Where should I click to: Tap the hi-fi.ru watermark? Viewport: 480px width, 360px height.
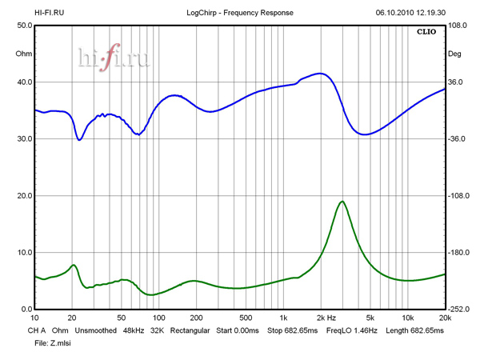point(113,57)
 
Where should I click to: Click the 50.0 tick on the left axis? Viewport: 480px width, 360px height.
point(24,26)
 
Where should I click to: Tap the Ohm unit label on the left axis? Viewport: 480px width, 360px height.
point(24,54)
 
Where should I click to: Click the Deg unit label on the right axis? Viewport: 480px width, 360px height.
point(455,54)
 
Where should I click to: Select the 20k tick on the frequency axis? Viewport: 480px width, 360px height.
point(445,318)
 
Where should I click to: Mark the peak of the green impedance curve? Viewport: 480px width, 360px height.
point(342,202)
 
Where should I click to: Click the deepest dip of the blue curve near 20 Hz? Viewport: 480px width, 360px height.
point(79,140)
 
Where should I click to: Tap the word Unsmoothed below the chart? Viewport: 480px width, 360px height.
point(97,330)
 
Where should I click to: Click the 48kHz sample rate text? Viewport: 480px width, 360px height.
point(134,330)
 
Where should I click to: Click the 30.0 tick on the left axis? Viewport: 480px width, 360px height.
point(24,139)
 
